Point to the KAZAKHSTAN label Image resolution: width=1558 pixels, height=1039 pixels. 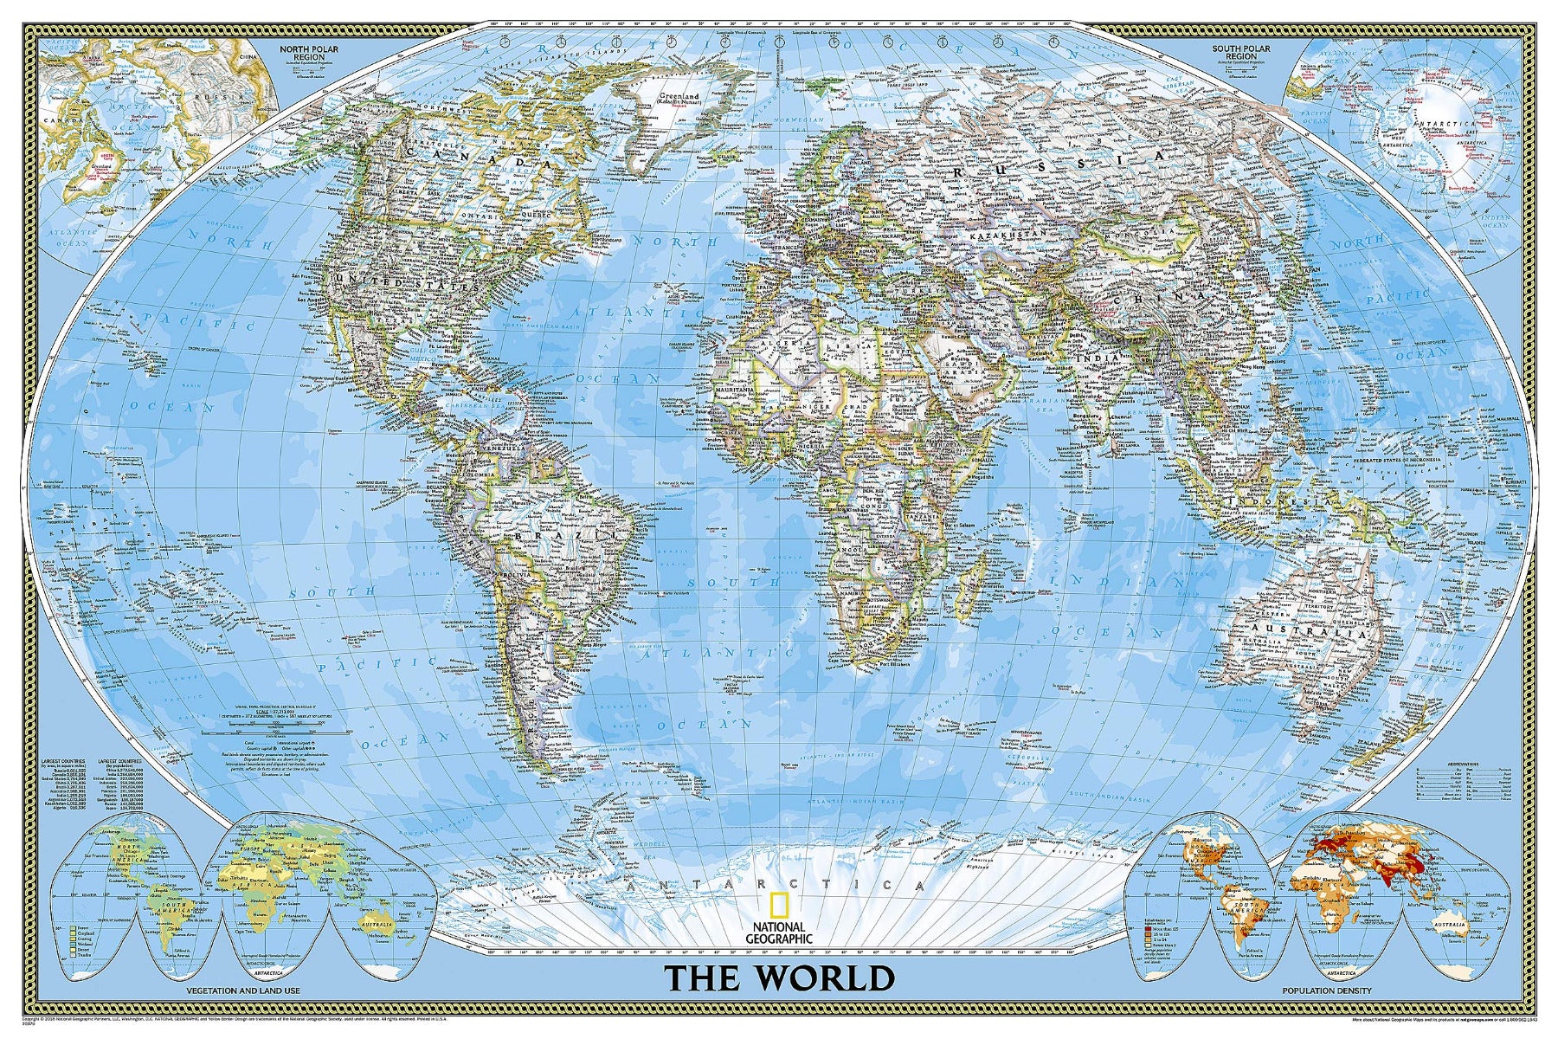tap(1007, 236)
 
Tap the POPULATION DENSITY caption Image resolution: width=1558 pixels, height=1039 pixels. tap(1325, 990)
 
